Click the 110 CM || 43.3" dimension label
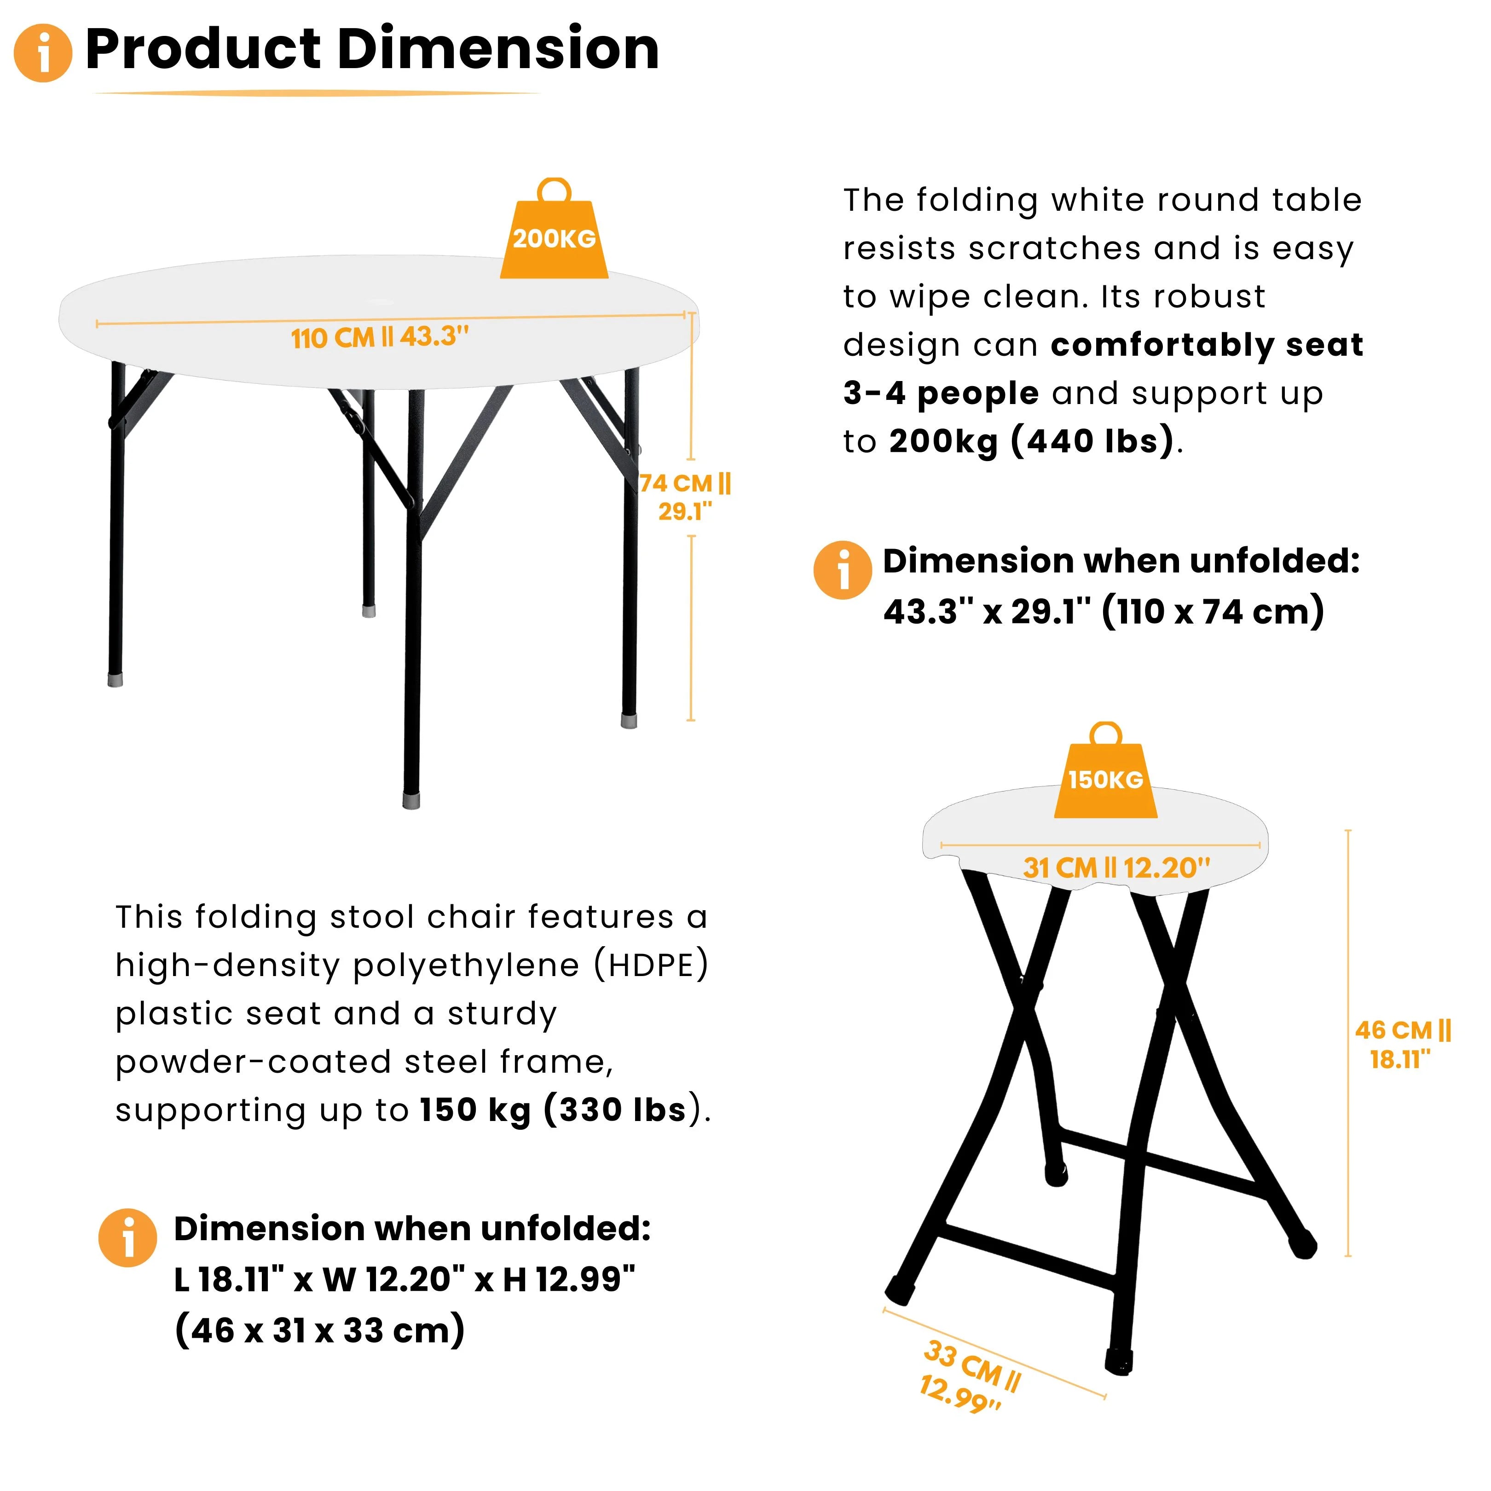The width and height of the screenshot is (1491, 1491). point(380,337)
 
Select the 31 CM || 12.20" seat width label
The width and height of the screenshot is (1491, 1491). point(1116,867)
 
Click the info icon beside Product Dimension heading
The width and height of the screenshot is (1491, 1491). point(43,52)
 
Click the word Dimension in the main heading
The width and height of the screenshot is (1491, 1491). point(498,49)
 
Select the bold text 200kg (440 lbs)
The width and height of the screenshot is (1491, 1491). point(1031,441)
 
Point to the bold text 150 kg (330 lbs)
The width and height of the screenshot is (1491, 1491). point(553,1110)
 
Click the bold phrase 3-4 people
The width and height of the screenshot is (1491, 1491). point(941,393)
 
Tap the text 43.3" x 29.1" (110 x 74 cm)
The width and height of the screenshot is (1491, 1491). point(1104,611)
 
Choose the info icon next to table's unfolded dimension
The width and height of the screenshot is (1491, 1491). point(843,570)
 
